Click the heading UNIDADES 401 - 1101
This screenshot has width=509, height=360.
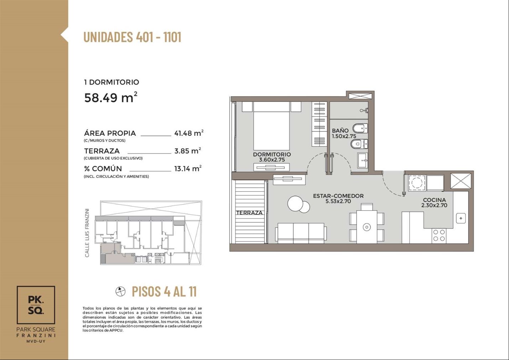coord(133,37)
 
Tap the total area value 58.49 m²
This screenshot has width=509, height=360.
coord(111,97)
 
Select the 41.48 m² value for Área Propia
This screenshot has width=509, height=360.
coord(189,133)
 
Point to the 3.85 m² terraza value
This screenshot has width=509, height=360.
coord(188,151)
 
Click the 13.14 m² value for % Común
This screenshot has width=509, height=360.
coord(188,169)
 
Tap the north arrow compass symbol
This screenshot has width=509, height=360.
coord(120,291)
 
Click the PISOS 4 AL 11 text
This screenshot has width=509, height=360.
coord(164,291)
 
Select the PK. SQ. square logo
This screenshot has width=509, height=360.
coord(36,305)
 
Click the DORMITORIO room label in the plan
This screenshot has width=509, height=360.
coord(272,154)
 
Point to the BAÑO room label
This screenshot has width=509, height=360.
coord(340,130)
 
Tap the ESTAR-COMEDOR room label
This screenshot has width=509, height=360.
coord(338,196)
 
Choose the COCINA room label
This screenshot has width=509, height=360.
coord(434,200)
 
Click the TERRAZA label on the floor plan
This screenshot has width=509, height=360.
coord(249,213)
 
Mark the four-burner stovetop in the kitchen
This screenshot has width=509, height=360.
coord(439,235)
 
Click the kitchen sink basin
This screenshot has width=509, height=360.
coord(461,218)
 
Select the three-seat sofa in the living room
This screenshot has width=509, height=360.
coord(301,233)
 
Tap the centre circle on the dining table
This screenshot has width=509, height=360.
coord(367,227)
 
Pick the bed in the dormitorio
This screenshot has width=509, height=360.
coord(271,126)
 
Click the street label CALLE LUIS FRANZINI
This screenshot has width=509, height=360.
coord(87,233)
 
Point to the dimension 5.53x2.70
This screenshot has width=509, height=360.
coord(338,201)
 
